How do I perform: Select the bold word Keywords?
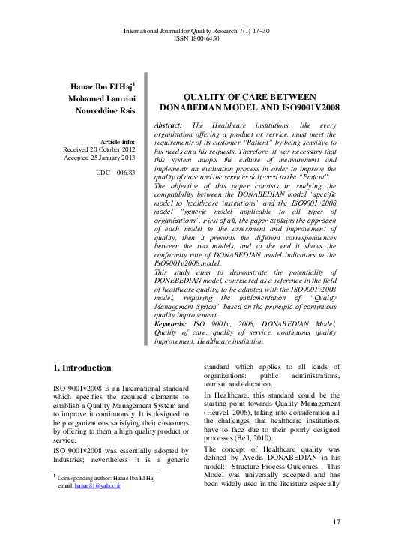pyautogui.click(x=174, y=323)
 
